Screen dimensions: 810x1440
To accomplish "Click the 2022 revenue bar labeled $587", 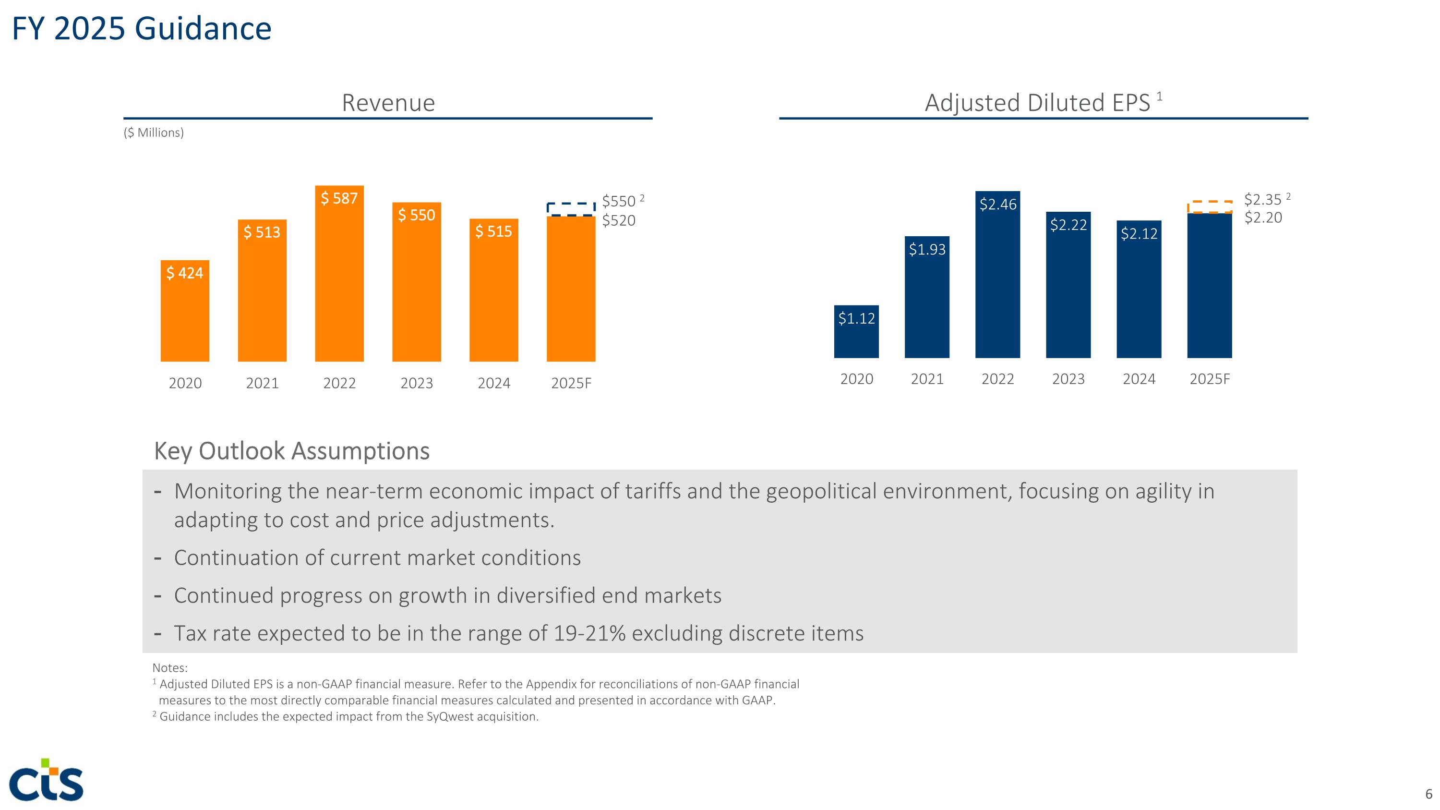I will coord(339,274).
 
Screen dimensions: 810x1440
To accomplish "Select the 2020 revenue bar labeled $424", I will coord(185,311).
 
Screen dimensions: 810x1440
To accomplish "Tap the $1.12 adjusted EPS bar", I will coord(856,331).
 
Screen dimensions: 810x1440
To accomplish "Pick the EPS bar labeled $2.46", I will coord(997,275).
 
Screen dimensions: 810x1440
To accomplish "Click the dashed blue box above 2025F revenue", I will coord(571,209).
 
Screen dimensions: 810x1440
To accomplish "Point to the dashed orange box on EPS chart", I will coord(1210,207).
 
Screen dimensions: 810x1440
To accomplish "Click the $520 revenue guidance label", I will coord(618,221).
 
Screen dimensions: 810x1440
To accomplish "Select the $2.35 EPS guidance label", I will coord(1262,200).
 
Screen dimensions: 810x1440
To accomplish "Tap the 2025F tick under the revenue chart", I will coord(571,383).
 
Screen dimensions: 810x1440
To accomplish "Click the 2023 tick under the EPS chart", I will coord(1068,379).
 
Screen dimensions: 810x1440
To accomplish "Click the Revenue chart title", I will coord(388,103).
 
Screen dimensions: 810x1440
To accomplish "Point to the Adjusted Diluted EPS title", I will coord(1037,103).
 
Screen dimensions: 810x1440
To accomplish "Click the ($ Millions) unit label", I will coord(154,133).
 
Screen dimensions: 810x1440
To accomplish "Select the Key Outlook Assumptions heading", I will coord(291,450).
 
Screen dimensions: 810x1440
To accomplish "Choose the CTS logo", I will coord(47,780).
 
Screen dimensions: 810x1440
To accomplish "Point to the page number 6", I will coord(1428,794).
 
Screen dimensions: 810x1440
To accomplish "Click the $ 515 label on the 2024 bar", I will coord(493,231).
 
